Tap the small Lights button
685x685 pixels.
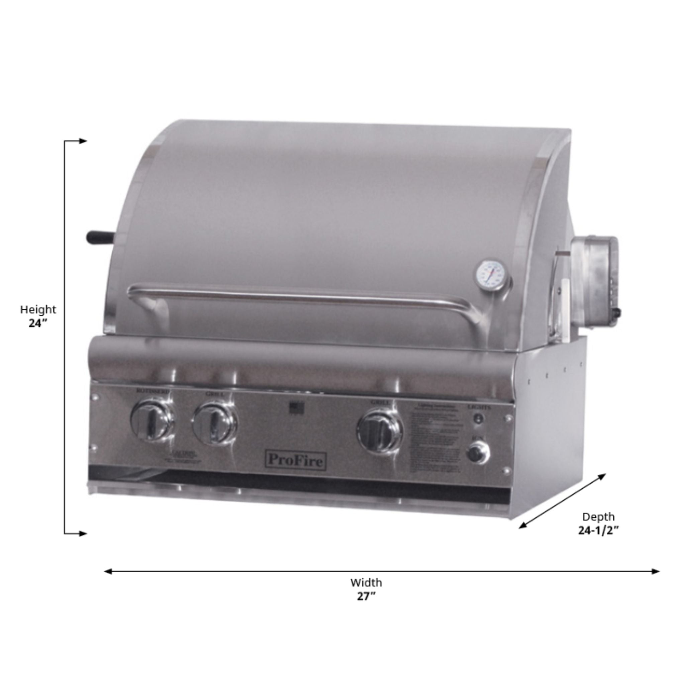(479, 419)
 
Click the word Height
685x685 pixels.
(38, 309)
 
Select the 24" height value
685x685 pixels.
(38, 323)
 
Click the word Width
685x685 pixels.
(366, 583)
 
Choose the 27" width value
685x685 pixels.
(366, 597)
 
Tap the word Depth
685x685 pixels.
(598, 516)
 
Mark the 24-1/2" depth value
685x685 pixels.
(598, 530)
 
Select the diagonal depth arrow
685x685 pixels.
(562, 501)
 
